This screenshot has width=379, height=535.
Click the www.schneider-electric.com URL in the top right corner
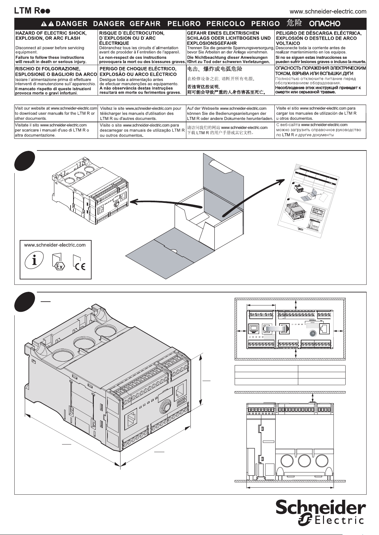tap(328, 11)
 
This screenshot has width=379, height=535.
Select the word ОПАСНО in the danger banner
tap(325, 23)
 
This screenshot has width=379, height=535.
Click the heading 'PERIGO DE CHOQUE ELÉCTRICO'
tap(138, 69)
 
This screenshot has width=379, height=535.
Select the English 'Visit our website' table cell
tap(56, 113)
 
